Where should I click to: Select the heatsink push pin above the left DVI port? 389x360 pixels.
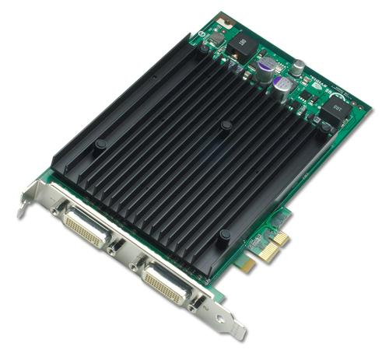point(100,145)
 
